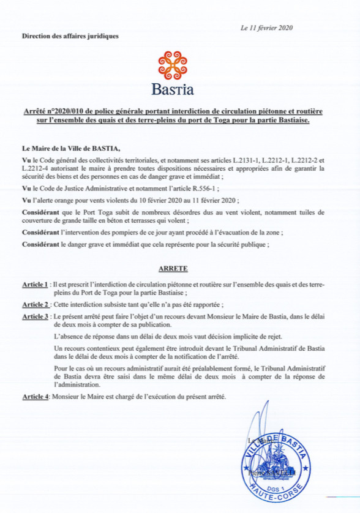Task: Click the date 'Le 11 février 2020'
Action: point(267,28)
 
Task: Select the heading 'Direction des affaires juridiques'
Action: point(70,36)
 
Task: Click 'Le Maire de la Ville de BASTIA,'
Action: point(71,148)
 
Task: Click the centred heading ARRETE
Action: point(173,268)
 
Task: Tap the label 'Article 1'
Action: point(35,285)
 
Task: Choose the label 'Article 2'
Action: point(35,304)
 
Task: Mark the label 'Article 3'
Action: point(35,316)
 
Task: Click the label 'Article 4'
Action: point(35,397)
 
